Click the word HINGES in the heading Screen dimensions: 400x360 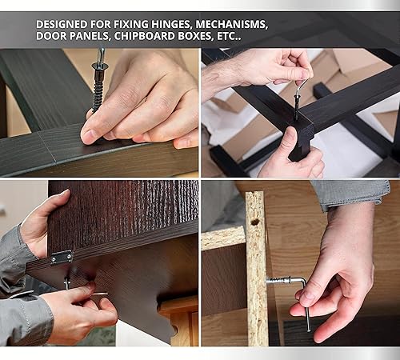click(171, 24)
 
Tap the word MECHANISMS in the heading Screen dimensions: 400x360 click(231, 24)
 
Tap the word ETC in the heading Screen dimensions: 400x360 click(226, 36)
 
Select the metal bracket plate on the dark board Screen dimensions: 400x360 click(62, 257)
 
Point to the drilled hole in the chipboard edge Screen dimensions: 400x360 click(255, 221)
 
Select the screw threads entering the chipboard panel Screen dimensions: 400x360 click(275, 280)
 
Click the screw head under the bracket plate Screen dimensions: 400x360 click(66, 283)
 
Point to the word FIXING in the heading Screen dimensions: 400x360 click(131, 24)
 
